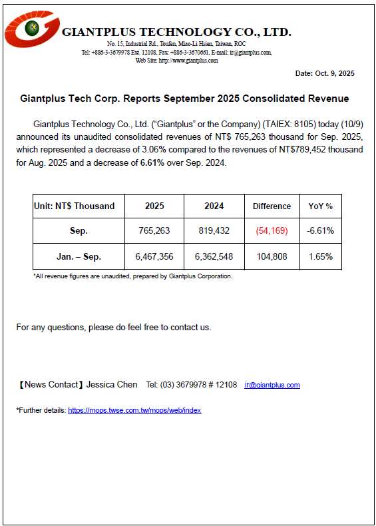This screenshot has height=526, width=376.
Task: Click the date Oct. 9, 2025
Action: (325, 73)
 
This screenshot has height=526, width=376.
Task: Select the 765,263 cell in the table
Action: (154, 231)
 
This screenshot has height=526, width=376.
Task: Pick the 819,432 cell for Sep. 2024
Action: (214, 231)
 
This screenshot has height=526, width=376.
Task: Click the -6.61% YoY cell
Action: (320, 231)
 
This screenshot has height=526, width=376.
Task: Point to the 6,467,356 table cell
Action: (154, 256)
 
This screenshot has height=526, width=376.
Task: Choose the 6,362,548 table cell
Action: (214, 256)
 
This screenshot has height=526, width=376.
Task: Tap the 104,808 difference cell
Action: (272, 256)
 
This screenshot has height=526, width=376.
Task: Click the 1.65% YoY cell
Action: (320, 256)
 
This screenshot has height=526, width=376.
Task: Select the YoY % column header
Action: (320, 206)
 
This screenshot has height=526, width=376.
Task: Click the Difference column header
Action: (272, 206)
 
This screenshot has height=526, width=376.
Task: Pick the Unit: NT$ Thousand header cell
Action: (75, 206)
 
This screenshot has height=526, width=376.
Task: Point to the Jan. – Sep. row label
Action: (79, 256)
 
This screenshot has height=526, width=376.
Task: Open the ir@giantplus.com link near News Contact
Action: (272, 385)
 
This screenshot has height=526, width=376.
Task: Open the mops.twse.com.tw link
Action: (134, 410)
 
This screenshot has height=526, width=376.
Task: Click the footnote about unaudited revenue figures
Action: (133, 276)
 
